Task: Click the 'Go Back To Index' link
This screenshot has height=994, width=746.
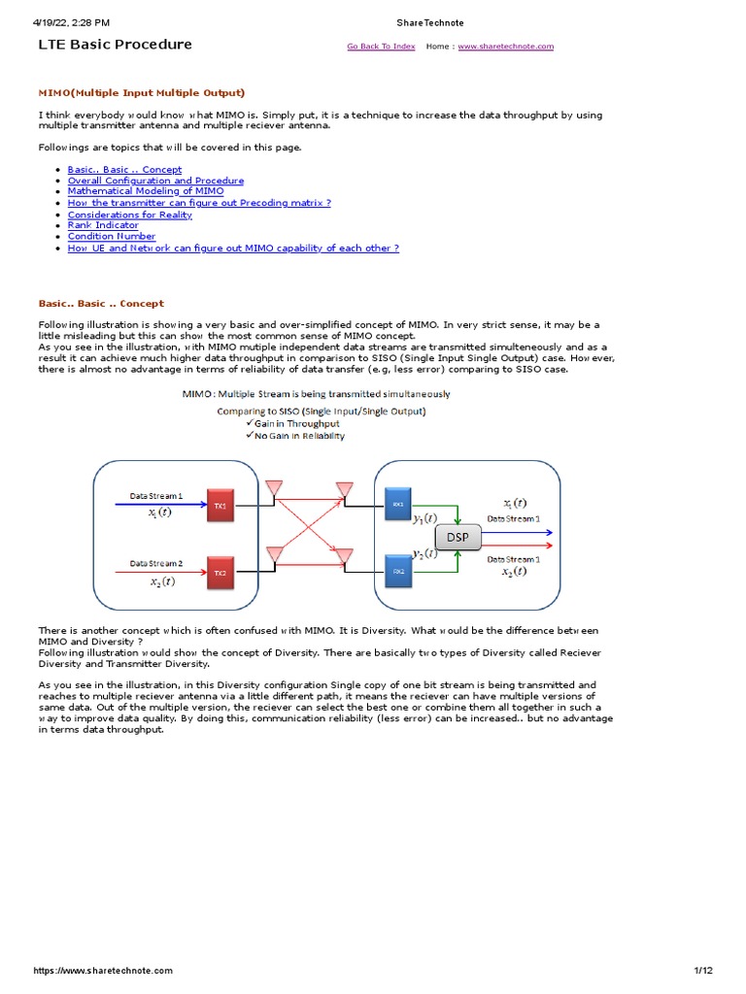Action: [x=381, y=47]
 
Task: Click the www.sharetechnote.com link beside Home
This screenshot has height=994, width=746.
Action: [x=505, y=47]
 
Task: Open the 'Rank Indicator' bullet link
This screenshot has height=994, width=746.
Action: [x=103, y=225]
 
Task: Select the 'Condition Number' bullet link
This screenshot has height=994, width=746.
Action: [x=111, y=236]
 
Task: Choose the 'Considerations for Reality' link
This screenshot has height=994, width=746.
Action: [x=129, y=214]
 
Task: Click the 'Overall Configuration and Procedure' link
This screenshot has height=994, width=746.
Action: [x=155, y=181]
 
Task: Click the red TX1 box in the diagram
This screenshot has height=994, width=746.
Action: [x=220, y=506]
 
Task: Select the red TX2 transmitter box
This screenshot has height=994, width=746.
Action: [x=220, y=573]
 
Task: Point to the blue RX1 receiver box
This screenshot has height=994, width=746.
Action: [x=398, y=504]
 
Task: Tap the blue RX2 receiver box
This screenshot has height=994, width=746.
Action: [x=398, y=572]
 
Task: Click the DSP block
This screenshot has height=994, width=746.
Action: [x=458, y=536]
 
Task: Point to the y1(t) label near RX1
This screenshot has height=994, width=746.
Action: [x=424, y=518]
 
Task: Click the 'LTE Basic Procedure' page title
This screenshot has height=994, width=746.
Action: [x=115, y=45]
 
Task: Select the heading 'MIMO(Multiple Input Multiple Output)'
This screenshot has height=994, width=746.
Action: [x=141, y=92]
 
